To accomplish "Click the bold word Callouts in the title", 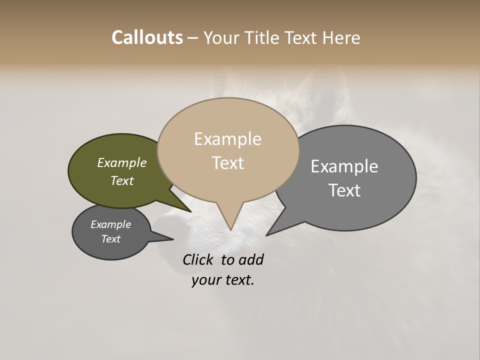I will tap(147, 37).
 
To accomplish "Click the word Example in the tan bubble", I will tap(227, 139).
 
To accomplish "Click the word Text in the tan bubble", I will tap(227, 163).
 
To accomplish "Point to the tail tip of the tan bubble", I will tap(230, 229).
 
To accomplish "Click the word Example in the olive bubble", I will tap(122, 162).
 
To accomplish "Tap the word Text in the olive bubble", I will tap(122, 180).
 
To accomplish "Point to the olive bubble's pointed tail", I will tap(189, 211).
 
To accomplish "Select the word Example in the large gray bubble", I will tap(344, 166).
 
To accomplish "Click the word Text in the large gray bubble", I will tap(344, 190).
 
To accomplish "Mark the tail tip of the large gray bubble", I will tap(267, 234).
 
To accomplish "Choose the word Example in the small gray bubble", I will tap(111, 224).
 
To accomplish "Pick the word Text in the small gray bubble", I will tap(111, 239).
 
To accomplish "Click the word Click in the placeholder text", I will tap(198, 259).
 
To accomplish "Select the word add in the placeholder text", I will tap(251, 259).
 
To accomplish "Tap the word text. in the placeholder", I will tap(238, 280).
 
